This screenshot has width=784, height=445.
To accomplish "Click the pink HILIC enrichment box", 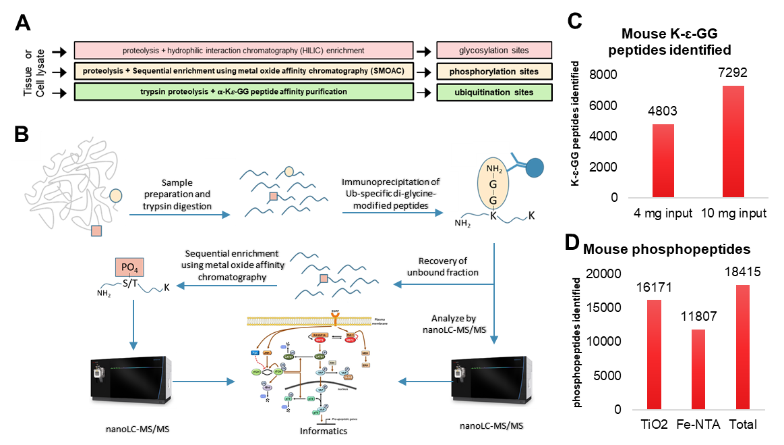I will [243, 51].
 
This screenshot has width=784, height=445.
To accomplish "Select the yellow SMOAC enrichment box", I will [243, 71].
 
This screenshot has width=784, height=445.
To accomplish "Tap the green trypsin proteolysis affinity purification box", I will [243, 91].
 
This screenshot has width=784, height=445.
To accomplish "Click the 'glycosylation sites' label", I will [494, 50].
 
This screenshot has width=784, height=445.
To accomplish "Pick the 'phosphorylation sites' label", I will [494, 71].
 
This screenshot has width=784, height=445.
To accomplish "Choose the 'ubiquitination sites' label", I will [494, 92].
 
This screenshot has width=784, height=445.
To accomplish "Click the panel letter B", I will [22, 135].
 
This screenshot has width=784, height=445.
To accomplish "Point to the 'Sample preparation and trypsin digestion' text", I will [177, 194].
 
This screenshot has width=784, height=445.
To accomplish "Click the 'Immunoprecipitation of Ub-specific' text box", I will [393, 193].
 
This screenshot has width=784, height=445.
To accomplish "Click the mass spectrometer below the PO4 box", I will [132, 379].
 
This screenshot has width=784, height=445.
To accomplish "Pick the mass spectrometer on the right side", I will [493, 379].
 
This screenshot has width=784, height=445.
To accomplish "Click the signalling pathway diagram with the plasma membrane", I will [317, 367].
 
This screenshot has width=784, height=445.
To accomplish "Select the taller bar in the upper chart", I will [733, 142].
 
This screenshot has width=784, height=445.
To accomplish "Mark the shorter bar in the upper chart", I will [663, 161].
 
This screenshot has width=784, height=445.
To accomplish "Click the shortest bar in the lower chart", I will [698, 369].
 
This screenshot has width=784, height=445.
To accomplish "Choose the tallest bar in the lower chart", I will [743, 347].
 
